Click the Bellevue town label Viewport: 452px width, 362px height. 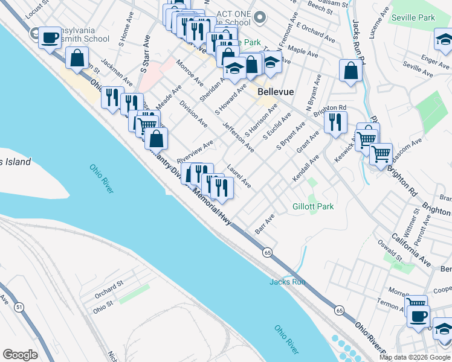(276, 92)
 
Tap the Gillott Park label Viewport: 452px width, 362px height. (313, 206)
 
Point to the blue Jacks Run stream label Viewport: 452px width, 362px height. (288, 282)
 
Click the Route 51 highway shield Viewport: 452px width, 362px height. (20, 307)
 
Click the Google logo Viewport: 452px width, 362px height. (20, 355)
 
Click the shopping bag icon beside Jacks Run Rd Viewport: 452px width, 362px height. (350, 71)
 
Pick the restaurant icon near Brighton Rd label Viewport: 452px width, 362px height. (334, 122)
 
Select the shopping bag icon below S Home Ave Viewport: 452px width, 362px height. (78, 59)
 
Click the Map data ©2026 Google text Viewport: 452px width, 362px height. (415, 357)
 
